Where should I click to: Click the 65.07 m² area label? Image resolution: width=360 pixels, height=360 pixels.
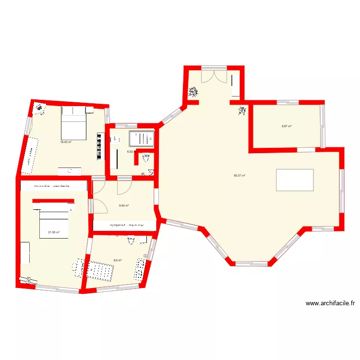click(240, 176)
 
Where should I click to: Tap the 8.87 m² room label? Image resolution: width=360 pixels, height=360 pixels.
click(287, 126)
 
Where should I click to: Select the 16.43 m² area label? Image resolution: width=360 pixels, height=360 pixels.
click(66, 142)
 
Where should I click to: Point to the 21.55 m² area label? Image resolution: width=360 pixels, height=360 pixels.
click(54, 232)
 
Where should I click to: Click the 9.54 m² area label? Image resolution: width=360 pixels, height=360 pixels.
click(124, 206)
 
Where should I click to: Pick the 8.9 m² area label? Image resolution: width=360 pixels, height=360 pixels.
click(118, 260)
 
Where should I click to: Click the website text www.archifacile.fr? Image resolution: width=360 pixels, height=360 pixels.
click(330, 303)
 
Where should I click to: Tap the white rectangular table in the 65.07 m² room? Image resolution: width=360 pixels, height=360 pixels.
click(295, 180)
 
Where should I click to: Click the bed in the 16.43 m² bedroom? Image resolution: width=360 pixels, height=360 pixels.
click(73, 122)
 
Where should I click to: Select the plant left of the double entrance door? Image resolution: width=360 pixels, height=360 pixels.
click(193, 91)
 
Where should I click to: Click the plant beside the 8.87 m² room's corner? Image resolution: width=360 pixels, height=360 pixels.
click(241, 111)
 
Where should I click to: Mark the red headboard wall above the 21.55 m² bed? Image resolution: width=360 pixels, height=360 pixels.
click(53, 200)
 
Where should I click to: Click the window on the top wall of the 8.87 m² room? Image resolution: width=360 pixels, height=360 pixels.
click(288, 102)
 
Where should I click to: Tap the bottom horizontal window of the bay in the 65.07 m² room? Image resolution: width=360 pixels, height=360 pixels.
click(251, 263)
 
